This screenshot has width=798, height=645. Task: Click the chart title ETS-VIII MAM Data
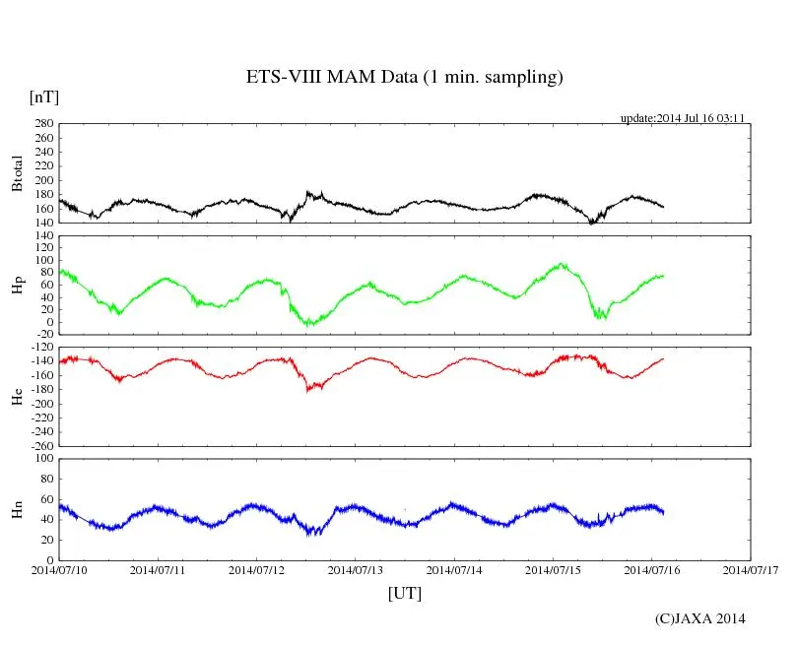pos(404,78)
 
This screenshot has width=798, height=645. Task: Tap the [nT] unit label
pos(43,97)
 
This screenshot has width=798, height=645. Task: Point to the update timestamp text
pos(682,118)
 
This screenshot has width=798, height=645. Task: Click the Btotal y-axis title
pos(17,173)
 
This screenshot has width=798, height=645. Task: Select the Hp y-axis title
pos(17,286)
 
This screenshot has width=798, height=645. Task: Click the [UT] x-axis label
pos(404,593)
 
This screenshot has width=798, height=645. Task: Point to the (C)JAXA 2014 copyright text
pos(700,618)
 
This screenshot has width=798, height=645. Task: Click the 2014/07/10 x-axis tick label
pos(59,569)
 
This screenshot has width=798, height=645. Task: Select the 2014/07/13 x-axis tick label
pos(356,569)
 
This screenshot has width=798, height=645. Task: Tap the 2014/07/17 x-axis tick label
pos(751,569)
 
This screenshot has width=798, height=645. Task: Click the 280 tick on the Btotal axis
pos(41,124)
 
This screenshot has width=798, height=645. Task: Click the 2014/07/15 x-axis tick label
pos(553,569)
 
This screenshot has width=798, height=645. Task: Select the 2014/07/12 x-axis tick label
pos(257,569)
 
